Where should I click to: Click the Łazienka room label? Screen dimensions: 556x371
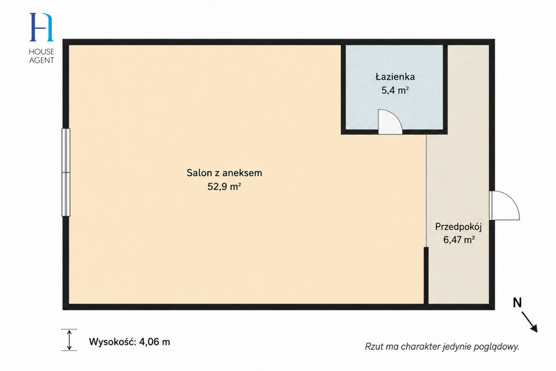click(395, 77)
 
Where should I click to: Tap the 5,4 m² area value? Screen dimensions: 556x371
click(395, 90)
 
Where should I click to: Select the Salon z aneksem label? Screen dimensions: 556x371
click(224, 173)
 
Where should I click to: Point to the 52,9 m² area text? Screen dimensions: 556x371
click(224, 186)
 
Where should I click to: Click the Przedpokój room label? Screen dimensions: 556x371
click(458, 227)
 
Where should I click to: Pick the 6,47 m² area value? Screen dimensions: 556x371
click(459, 240)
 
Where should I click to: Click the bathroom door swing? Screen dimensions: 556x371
click(390, 122)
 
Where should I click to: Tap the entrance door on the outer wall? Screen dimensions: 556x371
click(505, 205)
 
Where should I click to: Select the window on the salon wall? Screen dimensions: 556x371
click(66, 172)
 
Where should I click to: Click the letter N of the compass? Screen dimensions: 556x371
click(517, 303)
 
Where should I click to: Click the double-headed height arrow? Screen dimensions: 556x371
click(69, 339)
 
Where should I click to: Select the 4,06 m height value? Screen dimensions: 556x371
click(155, 342)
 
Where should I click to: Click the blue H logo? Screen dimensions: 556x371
click(41, 27)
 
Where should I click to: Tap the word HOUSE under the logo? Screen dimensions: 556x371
click(41, 51)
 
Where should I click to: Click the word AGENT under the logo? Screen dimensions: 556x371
click(41, 60)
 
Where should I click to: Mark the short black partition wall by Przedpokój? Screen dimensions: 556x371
click(426, 275)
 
